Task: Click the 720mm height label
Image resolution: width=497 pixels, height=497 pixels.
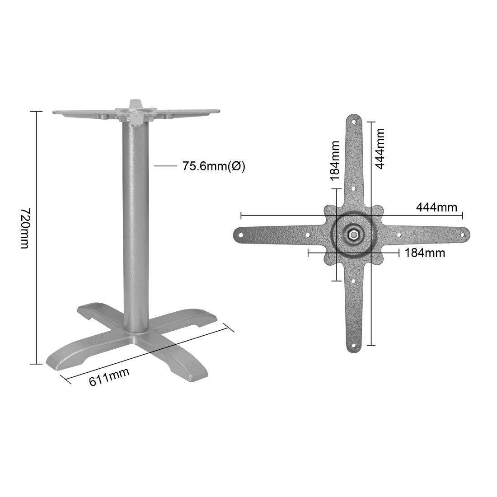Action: point(25,228)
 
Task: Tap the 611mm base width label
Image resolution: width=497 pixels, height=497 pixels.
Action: point(109,376)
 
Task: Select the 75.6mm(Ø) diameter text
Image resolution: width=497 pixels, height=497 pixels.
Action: point(214,166)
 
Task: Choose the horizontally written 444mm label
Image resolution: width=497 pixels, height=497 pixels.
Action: point(436,207)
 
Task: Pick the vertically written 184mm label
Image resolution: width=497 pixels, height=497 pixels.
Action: point(334,160)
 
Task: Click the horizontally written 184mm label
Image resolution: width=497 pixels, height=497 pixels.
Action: point(424,253)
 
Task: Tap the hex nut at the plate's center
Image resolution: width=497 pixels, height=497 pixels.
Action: point(354,234)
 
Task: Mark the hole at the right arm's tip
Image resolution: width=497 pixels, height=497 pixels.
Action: point(462,234)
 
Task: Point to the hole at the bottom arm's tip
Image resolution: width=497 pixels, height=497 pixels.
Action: point(354,346)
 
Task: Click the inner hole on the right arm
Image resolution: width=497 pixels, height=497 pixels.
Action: point(399,234)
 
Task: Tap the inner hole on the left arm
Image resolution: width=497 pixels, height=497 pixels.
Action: point(308,235)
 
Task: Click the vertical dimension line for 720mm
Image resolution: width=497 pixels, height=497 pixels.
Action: point(36,237)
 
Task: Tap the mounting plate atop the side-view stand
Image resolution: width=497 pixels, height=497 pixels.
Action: point(136,112)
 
